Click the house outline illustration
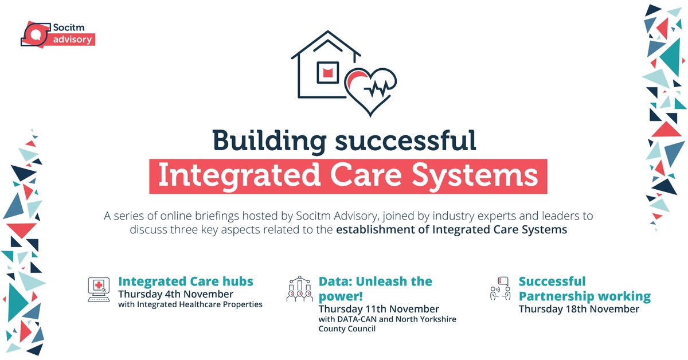[321, 66]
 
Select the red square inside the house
[328, 72]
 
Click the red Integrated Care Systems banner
[348, 176]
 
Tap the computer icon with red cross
[99, 287]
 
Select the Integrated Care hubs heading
[186, 281]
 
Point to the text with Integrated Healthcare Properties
[190, 304]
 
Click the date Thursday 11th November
[379, 309]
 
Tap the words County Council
[347, 329]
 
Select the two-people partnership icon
[500, 288]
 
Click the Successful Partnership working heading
[585, 289]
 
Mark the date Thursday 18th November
[579, 309]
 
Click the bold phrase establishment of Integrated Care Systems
[452, 230]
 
